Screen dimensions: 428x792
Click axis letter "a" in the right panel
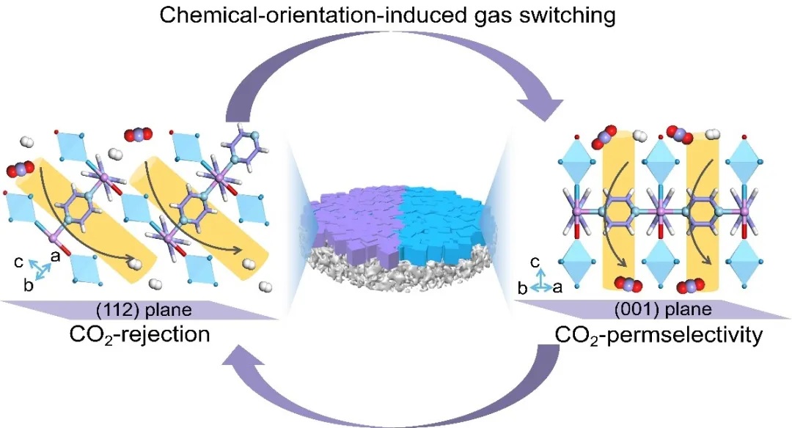pos(565,289)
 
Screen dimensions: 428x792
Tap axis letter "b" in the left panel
pos(28,286)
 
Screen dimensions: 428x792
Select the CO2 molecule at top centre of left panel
pos(138,134)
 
